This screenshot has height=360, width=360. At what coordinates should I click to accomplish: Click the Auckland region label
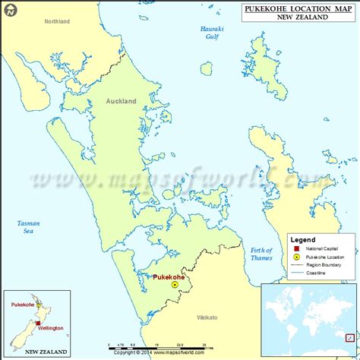point(122,100)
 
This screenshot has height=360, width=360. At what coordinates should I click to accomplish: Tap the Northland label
point(56,21)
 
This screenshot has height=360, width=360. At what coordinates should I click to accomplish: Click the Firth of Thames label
point(261,255)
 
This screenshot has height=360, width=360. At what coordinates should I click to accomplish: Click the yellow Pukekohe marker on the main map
point(175,284)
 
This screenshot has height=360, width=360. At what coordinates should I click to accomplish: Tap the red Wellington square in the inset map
point(37,324)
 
